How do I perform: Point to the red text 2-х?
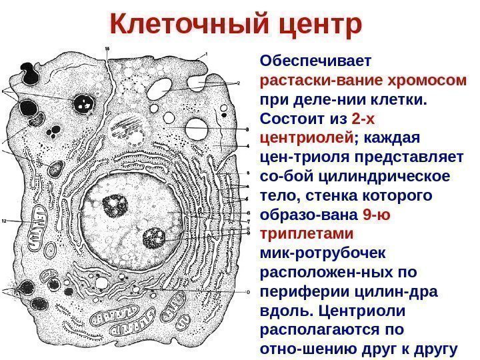363,120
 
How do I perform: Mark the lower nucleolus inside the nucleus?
154,237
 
